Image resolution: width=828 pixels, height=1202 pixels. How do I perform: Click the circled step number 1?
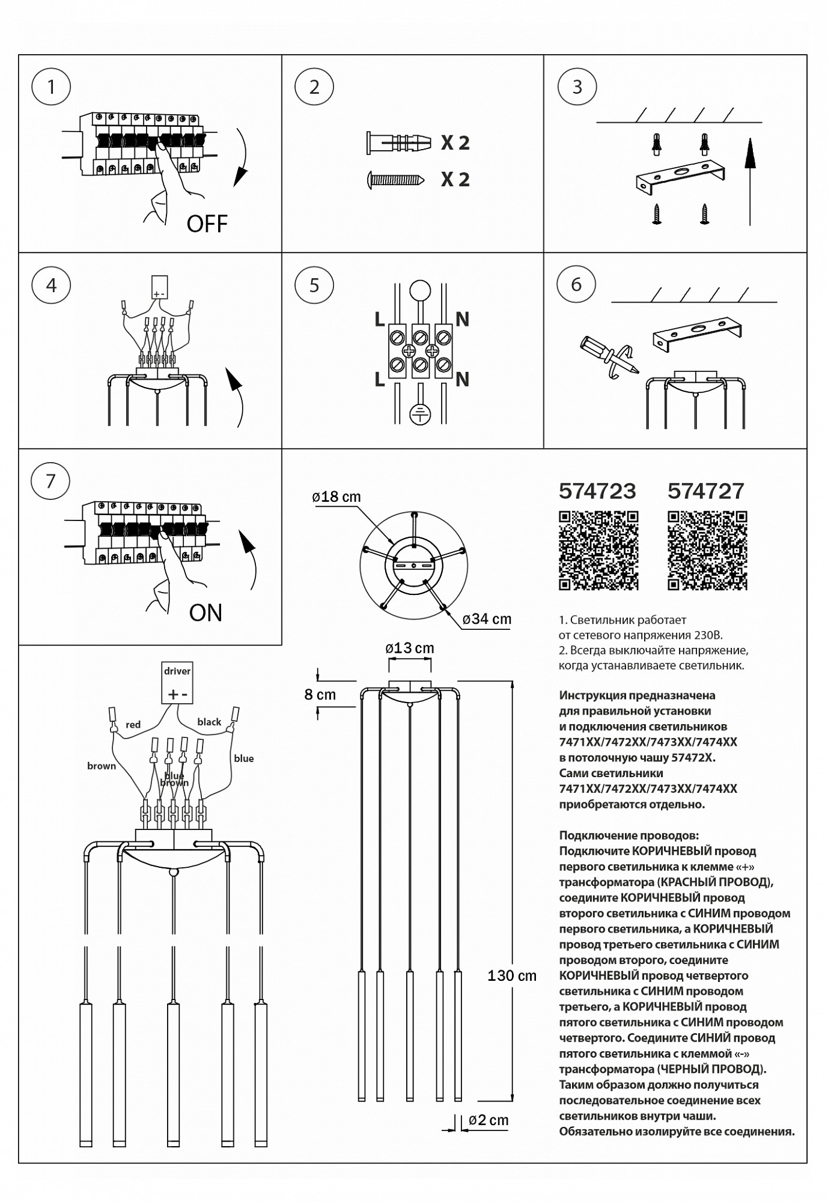(x=51, y=87)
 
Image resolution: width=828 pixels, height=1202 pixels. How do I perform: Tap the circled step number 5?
(x=314, y=285)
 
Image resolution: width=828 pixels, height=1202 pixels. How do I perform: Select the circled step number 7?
(x=50, y=481)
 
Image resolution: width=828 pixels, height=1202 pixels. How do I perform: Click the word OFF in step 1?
(x=207, y=224)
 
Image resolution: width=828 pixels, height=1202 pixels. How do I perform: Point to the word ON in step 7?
(x=205, y=613)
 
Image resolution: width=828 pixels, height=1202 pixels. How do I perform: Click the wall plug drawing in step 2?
(x=399, y=142)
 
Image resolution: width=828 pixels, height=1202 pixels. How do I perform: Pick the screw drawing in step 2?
(x=397, y=179)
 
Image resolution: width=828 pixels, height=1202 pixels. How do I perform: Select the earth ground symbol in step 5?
(x=419, y=413)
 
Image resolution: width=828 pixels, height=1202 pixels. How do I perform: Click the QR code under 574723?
(x=598, y=550)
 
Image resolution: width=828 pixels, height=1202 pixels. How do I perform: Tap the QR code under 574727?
(x=707, y=550)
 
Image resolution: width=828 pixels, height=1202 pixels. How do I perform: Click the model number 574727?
(x=706, y=491)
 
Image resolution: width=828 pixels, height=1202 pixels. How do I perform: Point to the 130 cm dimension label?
(x=512, y=976)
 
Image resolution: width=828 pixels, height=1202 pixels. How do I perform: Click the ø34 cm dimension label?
(x=487, y=619)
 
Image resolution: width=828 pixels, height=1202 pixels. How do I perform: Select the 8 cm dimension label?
(x=320, y=695)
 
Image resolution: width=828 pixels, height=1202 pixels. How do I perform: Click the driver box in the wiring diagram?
(x=177, y=683)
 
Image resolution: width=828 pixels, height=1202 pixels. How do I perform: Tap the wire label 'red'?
(x=133, y=725)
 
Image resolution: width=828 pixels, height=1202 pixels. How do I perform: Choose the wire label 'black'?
(x=209, y=722)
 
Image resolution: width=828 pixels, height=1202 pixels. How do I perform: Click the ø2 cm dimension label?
(x=489, y=1120)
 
